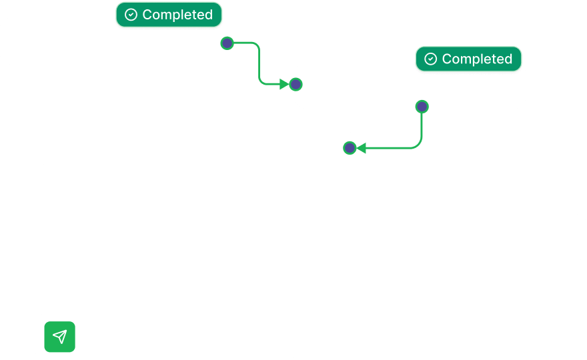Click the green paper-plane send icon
pos(60,337)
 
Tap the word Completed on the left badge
pos(177,15)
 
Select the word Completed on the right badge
pos(477,59)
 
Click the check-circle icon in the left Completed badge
pos(131,15)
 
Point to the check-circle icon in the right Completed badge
pos(431,59)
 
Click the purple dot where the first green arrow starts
pos(227,43)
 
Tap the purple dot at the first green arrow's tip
pos(296,84)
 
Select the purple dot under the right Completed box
pos(422,106)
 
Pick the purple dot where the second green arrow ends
pos(350,147)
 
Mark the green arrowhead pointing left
pos(361,147)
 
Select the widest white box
pos(306,237)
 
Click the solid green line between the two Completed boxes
pos(259,63)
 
